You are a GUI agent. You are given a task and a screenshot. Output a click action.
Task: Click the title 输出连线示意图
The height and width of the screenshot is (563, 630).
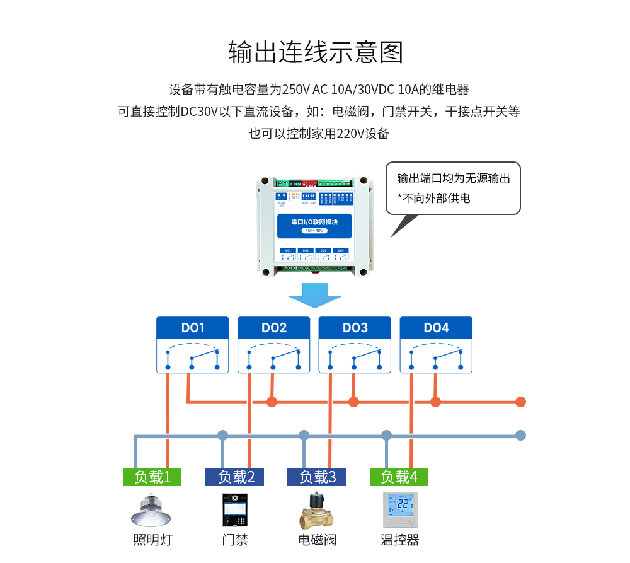point(315,52)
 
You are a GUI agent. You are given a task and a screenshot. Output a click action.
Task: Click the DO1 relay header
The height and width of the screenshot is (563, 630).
point(193,328)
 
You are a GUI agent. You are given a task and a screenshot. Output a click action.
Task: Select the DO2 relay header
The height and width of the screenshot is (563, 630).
point(274,328)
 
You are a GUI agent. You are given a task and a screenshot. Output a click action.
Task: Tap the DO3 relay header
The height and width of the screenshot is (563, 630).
point(355,328)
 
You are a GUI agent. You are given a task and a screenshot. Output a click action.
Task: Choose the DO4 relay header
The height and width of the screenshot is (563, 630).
point(436,328)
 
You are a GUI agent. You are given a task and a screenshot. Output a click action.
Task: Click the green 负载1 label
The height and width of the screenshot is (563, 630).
point(152,477)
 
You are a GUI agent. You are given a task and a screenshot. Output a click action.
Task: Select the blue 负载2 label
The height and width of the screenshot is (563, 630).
point(235,477)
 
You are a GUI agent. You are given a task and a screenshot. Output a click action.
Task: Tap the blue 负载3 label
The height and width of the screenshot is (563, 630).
point(316,477)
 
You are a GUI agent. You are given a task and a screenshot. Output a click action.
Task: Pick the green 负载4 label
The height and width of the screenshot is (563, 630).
point(399,477)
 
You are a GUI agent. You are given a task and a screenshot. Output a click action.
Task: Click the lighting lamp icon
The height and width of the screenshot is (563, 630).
point(151,510)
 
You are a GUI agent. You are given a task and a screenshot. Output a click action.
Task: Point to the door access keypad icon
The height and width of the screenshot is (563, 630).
point(234,511)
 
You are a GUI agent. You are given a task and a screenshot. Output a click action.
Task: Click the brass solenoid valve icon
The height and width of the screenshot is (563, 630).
point(316,511)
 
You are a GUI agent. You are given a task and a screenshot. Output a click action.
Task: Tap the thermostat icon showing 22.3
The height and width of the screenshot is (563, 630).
point(400,510)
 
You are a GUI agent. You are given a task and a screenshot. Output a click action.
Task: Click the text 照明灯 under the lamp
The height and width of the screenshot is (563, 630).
point(152,540)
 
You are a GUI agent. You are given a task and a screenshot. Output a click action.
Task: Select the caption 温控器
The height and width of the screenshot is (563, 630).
point(400,540)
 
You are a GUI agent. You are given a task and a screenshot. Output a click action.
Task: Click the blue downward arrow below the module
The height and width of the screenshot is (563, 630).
point(315,295)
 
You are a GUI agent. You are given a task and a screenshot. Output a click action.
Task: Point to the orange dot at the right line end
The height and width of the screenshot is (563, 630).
point(520,402)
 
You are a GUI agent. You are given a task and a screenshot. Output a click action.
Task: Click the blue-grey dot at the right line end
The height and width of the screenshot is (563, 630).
point(520,435)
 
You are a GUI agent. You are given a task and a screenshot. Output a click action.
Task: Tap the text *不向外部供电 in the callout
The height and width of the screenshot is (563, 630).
point(433,198)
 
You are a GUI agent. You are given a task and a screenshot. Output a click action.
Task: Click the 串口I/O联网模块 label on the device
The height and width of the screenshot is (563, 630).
point(314,223)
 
